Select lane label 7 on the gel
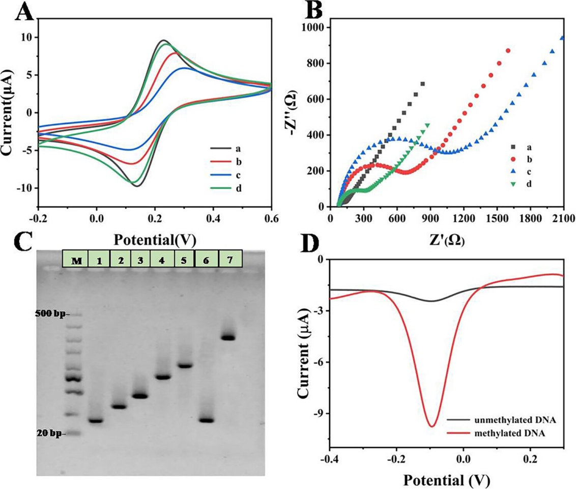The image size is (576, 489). [x=229, y=260]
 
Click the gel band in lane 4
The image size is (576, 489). [x=163, y=377]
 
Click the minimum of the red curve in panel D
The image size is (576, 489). [x=432, y=426]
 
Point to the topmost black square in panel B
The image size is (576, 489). [x=422, y=84]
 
